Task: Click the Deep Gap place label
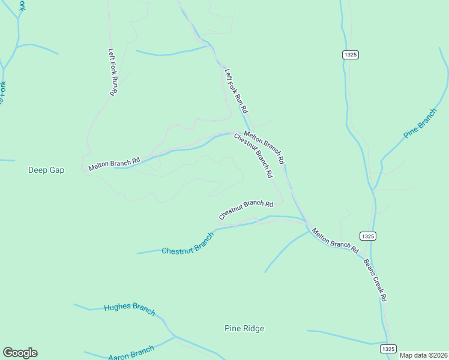point(46,170)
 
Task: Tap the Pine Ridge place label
point(244,328)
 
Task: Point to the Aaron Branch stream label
point(131,352)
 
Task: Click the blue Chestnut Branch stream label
point(187,244)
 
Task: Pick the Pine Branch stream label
point(420,124)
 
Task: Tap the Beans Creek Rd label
point(375,280)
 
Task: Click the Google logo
point(20,353)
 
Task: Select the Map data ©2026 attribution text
point(423,355)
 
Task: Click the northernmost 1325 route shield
point(351,55)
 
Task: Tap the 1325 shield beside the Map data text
point(388,349)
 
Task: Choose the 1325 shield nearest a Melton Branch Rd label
point(368,236)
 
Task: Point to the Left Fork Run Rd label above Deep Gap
point(112,72)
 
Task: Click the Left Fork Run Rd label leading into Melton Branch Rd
point(237,91)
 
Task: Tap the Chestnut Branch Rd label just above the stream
point(246,209)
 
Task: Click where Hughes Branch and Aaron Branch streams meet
point(174,337)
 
